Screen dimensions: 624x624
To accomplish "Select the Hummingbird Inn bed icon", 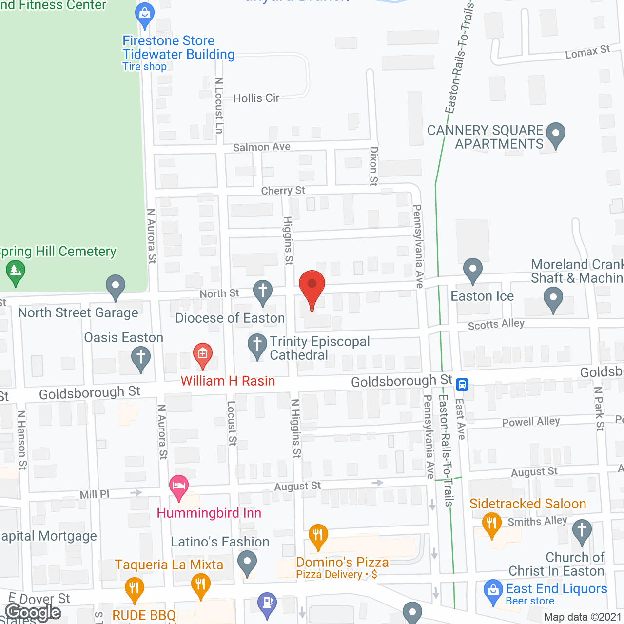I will tap(179, 486).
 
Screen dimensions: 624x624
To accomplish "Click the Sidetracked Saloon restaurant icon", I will tap(491, 524).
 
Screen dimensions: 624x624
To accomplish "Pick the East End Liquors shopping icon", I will tap(493, 591).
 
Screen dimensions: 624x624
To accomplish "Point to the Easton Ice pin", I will tap(472, 269).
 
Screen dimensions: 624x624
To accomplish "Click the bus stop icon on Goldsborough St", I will tap(462, 385).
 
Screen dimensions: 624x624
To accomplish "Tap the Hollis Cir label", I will tap(256, 98).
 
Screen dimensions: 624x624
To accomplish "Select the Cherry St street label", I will tap(283, 191).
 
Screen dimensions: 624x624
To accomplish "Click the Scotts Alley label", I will tap(496, 324).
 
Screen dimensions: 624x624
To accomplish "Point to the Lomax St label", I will tap(587, 52).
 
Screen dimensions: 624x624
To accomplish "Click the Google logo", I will tap(33, 612).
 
